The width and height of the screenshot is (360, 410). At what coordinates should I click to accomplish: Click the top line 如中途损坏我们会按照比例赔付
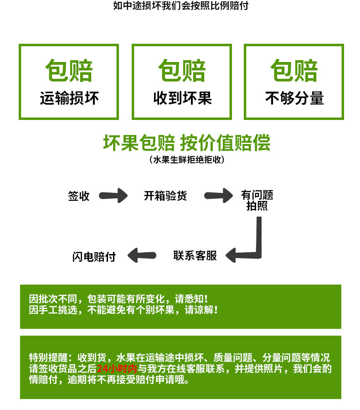pyautogui.click(x=180, y=6)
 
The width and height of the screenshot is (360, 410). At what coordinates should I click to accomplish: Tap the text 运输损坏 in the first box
pyautogui.click(x=69, y=98)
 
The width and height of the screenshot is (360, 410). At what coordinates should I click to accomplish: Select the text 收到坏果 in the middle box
pyautogui.click(x=182, y=98)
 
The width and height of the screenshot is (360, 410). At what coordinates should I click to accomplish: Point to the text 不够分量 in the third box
pyautogui.click(x=294, y=98)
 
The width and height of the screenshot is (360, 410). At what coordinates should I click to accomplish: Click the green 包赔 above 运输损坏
pyautogui.click(x=69, y=71)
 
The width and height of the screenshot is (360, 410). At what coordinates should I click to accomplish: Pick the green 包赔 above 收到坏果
pyautogui.click(x=182, y=71)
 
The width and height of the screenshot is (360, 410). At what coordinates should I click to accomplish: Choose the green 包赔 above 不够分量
pyautogui.click(x=294, y=71)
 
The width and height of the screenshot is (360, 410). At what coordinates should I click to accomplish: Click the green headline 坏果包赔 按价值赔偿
pyautogui.click(x=186, y=143)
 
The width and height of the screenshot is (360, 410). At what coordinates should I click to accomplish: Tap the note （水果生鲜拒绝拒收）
pyautogui.click(x=186, y=160)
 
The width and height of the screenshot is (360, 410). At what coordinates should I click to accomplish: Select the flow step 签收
pyautogui.click(x=79, y=196)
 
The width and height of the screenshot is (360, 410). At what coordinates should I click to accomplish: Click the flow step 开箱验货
pyautogui.click(x=165, y=196)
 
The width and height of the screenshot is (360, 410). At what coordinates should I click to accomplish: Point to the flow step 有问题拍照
pyautogui.click(x=257, y=201)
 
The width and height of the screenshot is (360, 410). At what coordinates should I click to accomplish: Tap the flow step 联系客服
pyautogui.click(x=195, y=255)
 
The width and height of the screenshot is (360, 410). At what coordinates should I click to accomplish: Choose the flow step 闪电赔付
pyautogui.click(x=94, y=256)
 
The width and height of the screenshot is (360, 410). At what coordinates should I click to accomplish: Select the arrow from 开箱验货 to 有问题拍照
pyautogui.click(x=218, y=196)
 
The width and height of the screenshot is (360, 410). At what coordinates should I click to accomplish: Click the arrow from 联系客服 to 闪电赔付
pyautogui.click(x=142, y=255)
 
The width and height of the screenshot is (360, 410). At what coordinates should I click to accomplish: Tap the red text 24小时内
pyautogui.click(x=117, y=368)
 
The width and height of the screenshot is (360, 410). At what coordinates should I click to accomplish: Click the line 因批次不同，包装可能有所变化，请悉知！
pyautogui.click(x=118, y=299)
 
